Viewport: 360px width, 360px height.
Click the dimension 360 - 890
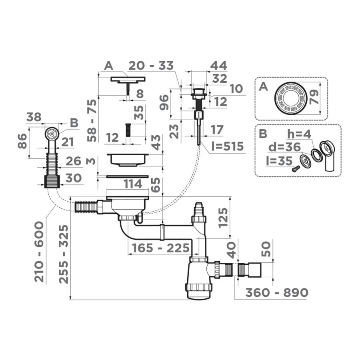click(277, 292)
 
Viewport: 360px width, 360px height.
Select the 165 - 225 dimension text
click(161, 248)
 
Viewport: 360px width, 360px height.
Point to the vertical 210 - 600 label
click(39, 252)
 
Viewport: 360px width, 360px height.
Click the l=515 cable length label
click(227, 146)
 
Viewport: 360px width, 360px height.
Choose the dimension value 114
click(133, 184)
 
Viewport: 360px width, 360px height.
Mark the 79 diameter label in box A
click(314, 97)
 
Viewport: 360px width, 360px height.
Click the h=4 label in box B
click(299, 134)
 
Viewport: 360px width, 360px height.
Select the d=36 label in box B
click(284, 147)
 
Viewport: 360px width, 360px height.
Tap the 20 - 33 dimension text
click(151, 66)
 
